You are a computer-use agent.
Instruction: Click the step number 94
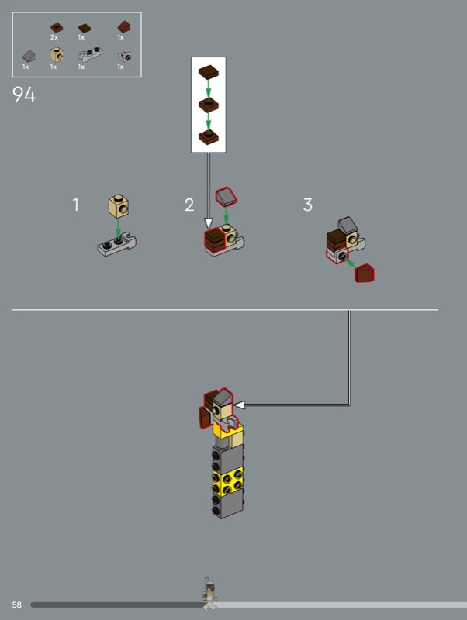click(24, 94)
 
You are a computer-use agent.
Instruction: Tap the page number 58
click(16, 604)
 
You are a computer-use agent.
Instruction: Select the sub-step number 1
click(75, 205)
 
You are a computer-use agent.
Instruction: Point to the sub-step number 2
click(189, 205)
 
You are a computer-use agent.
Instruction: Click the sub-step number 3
click(307, 205)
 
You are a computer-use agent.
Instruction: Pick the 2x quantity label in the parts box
click(54, 37)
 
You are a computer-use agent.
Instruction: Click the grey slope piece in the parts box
click(29, 56)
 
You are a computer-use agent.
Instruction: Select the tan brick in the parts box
click(57, 54)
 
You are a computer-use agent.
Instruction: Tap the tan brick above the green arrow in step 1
click(119, 206)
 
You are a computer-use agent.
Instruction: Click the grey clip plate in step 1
click(116, 244)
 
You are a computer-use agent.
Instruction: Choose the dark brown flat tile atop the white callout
click(209, 72)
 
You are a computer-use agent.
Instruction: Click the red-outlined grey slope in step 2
click(227, 197)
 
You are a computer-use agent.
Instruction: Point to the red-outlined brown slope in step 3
click(365, 274)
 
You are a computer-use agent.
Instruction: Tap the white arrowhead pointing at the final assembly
click(240, 405)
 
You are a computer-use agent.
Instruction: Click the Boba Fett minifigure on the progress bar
click(209, 594)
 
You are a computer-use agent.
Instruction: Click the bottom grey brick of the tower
click(228, 506)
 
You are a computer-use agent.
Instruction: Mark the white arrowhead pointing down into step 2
click(209, 223)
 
